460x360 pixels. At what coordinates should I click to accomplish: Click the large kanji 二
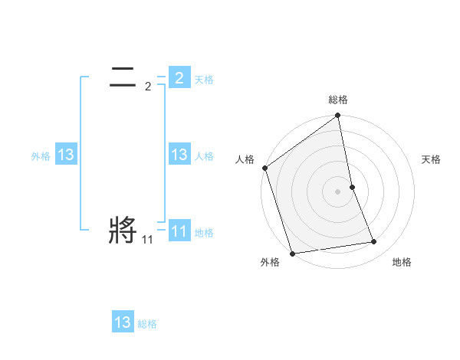[123, 77]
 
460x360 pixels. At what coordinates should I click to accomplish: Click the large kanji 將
[123, 230]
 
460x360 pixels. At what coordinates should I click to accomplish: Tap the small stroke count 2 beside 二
[148, 87]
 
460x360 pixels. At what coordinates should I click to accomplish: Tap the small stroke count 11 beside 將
[147, 240]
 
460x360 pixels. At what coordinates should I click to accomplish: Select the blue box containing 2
[179, 77]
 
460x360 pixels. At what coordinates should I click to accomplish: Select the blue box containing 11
[179, 231]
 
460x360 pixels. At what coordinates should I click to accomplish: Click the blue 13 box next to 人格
[179, 154]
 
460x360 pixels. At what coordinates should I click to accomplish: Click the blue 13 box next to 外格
[65, 155]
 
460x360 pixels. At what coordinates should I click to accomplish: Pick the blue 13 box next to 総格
[123, 322]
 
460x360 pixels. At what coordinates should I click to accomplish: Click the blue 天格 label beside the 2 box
[204, 79]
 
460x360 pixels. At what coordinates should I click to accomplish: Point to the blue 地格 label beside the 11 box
[204, 232]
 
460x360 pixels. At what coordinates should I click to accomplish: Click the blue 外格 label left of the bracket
[41, 155]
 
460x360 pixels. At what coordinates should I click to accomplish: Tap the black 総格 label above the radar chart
[338, 100]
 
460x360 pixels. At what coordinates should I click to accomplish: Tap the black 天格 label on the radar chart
[432, 159]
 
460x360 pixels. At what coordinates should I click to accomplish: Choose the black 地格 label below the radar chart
[402, 262]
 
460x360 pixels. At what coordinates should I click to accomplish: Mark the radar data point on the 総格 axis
[338, 116]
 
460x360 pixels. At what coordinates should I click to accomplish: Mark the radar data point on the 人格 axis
[264, 168]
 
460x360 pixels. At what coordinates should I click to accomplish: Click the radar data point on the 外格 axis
[292, 254]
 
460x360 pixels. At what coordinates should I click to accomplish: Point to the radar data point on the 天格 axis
[352, 187]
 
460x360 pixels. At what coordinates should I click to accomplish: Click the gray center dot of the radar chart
[338, 191]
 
